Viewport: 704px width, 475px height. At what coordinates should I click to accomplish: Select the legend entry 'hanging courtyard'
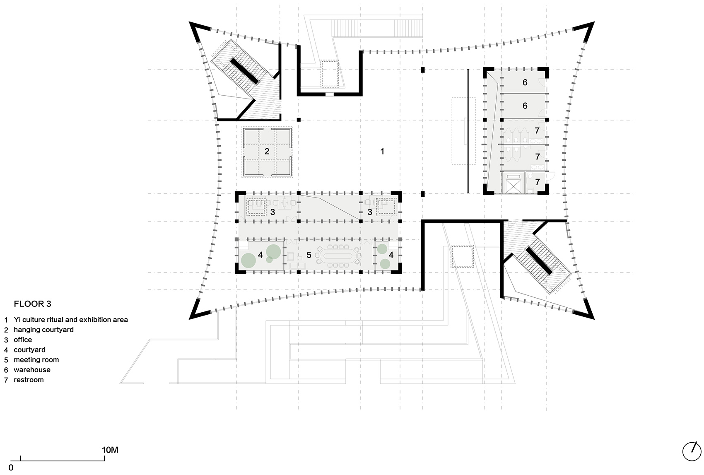43,330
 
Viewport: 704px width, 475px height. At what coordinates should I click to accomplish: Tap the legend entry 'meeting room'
36,360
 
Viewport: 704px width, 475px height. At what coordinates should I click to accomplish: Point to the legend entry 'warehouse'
32,370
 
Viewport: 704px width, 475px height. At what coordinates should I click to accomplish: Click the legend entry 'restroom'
29,380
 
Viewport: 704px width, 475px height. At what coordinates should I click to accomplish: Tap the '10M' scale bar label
110,450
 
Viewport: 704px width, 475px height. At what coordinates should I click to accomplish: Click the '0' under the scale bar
11,468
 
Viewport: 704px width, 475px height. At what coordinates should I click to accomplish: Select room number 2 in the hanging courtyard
267,152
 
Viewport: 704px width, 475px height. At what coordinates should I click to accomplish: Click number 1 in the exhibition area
382,152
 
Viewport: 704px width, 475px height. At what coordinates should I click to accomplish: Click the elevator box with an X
513,184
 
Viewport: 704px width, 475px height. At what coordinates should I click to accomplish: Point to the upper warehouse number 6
525,82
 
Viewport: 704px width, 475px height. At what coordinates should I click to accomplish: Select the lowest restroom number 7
537,182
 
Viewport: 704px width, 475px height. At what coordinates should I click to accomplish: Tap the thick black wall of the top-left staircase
244,69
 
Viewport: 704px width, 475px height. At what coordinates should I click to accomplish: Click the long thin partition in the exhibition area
468,131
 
